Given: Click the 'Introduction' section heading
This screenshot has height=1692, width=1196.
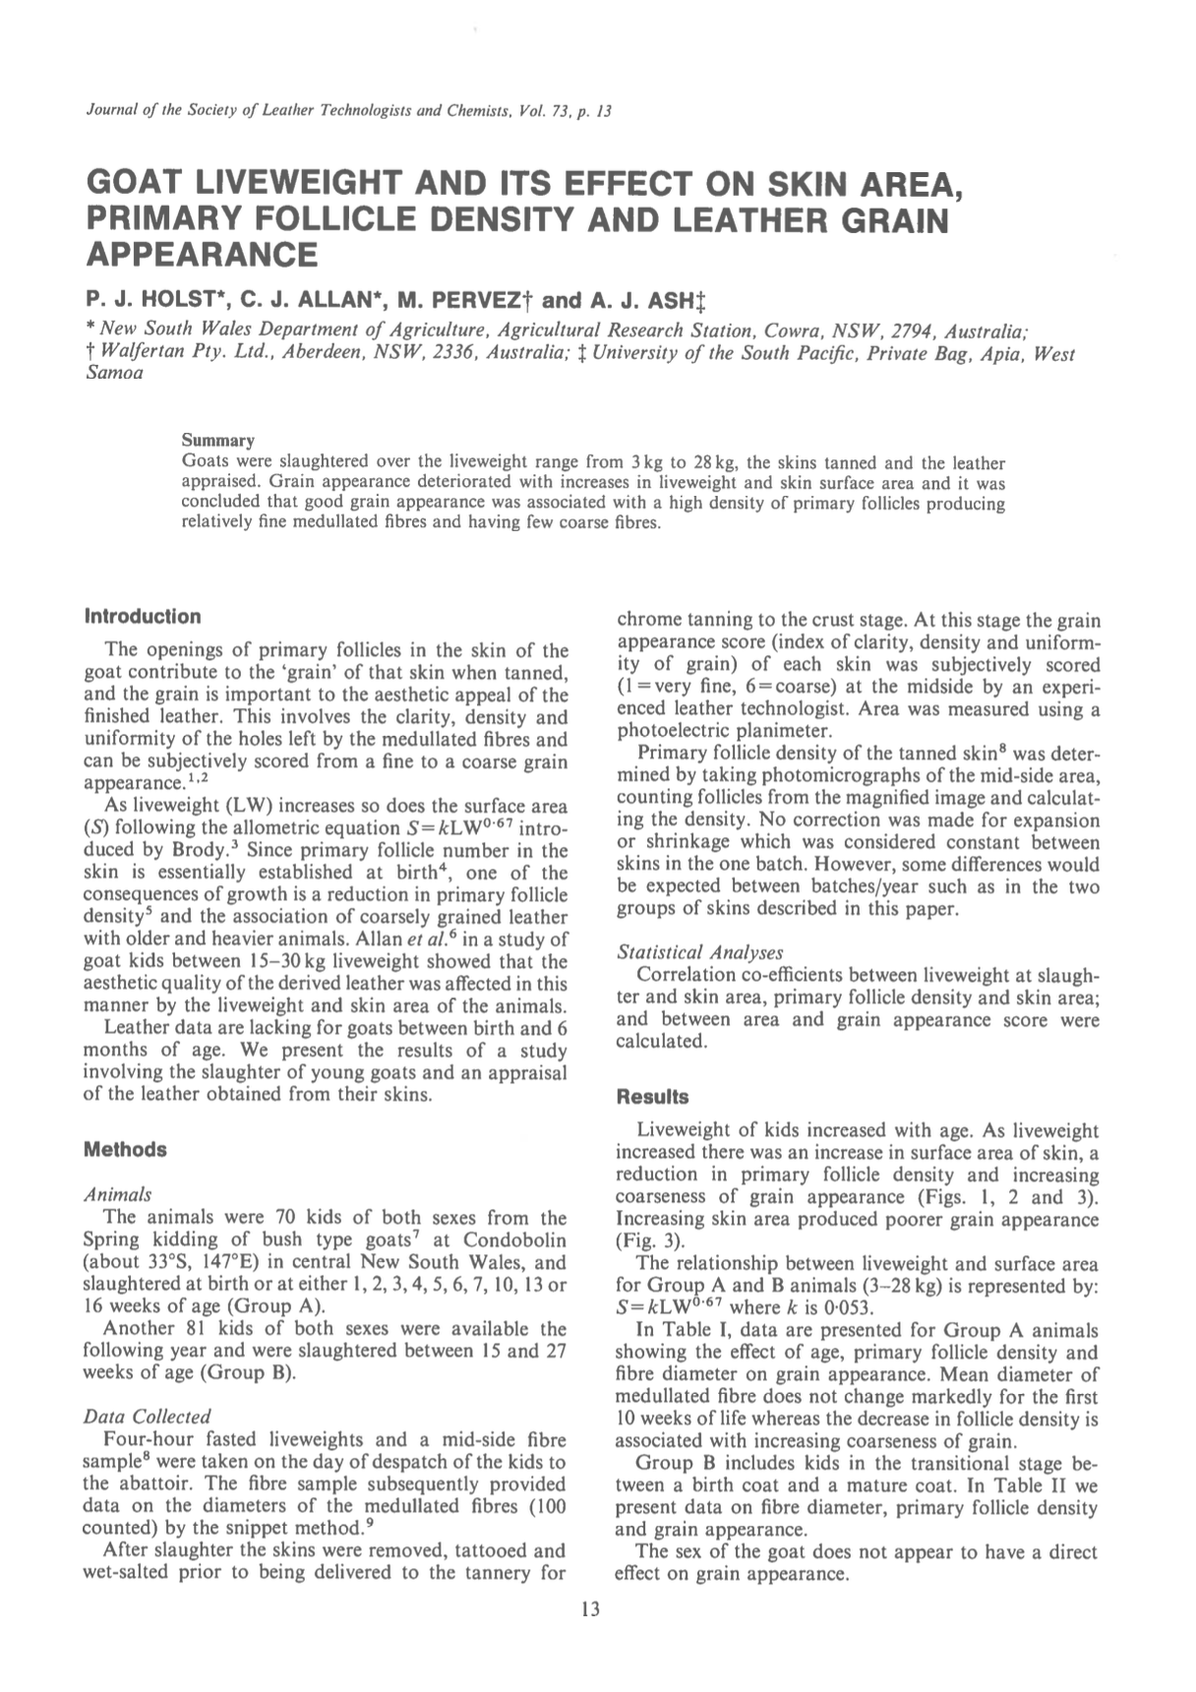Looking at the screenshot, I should [143, 617].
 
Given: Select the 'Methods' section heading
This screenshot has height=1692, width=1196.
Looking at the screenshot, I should [125, 1150].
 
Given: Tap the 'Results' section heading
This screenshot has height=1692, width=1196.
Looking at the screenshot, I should [652, 1097].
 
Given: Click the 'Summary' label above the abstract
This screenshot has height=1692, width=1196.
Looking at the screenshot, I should [218, 440].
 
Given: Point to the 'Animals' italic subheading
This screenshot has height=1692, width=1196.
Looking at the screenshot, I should [118, 1194].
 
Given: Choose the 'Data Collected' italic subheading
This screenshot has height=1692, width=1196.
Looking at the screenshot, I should [148, 1417].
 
